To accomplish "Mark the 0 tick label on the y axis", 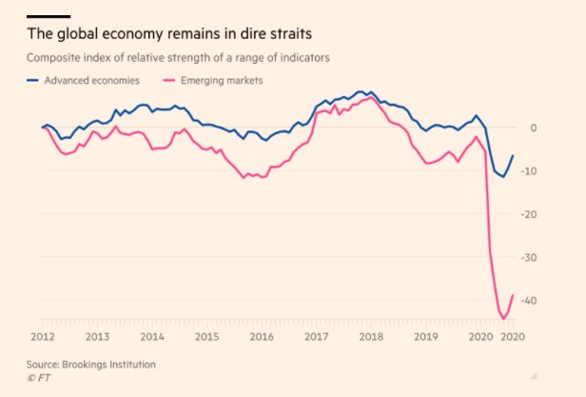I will coord(534,128).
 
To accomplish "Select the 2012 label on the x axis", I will coord(43,337).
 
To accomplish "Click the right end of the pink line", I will coord(515,294).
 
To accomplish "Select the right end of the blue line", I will coord(515,155).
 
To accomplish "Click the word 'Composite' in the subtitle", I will coord(55,59).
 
